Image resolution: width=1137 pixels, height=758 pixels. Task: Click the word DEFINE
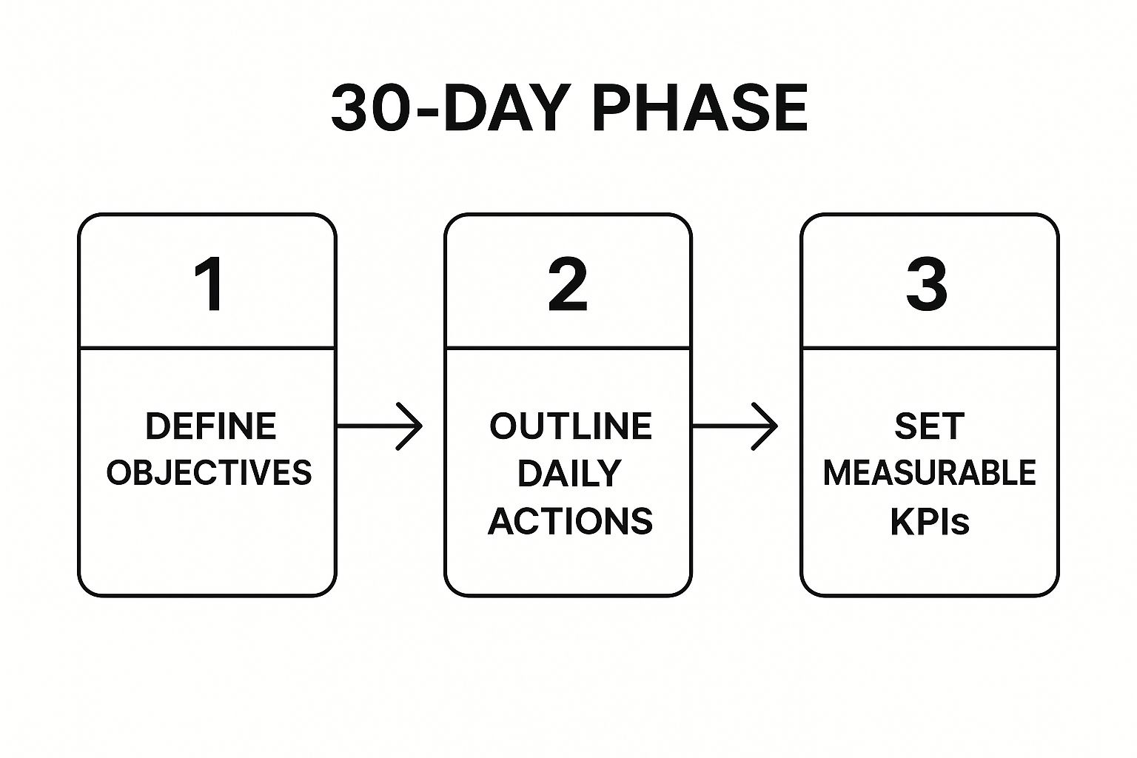(x=211, y=426)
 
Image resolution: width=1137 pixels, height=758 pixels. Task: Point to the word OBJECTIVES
(x=209, y=472)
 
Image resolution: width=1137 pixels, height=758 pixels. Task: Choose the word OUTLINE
(x=571, y=426)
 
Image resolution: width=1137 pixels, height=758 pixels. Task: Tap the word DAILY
(x=569, y=473)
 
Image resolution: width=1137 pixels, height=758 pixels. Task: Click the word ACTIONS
(x=570, y=521)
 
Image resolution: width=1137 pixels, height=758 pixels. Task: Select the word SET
(x=930, y=426)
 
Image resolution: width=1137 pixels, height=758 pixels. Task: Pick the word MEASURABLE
(x=930, y=473)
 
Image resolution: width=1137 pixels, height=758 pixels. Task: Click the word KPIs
(x=930, y=521)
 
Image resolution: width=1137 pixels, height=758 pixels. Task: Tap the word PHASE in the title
(x=700, y=108)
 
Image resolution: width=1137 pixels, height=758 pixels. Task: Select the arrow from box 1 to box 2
(x=379, y=426)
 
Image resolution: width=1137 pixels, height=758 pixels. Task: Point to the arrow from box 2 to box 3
(x=735, y=426)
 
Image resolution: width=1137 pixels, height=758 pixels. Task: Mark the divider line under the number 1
(x=207, y=349)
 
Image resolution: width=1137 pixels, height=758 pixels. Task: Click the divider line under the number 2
(x=568, y=349)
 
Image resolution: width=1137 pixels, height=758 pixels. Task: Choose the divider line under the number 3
(x=930, y=349)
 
